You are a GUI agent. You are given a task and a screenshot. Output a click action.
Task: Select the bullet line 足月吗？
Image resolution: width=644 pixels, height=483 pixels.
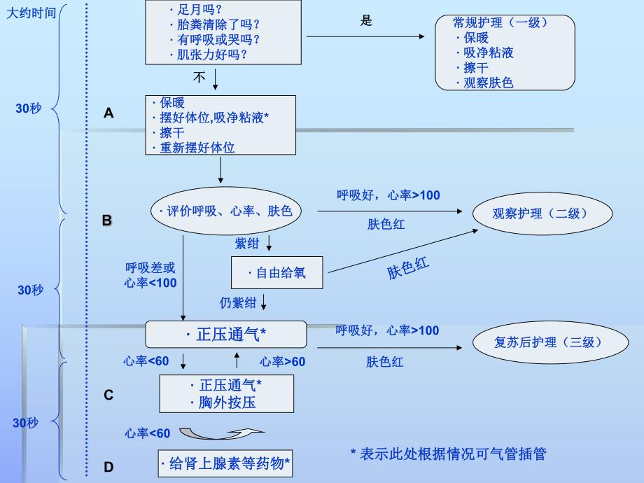(195, 10)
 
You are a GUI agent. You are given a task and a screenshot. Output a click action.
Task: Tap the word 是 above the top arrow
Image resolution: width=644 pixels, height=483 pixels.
(366, 21)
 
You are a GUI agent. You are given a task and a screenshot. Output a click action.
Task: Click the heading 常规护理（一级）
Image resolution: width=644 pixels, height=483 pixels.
(500, 22)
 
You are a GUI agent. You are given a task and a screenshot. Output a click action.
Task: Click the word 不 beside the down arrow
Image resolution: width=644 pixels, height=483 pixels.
(199, 78)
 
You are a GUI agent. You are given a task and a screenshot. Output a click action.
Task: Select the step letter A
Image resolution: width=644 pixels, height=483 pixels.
(108, 113)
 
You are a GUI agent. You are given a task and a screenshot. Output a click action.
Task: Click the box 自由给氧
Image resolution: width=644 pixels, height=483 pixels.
(277, 273)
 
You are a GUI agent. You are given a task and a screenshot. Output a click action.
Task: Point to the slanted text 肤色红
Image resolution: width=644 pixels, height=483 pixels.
(409, 268)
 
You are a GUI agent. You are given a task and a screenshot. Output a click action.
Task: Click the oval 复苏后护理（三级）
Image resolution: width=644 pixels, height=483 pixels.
(538, 342)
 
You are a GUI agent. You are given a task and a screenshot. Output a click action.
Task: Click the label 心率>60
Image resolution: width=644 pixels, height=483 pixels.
(283, 361)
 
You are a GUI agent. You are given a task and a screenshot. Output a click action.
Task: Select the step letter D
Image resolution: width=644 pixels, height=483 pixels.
(108, 467)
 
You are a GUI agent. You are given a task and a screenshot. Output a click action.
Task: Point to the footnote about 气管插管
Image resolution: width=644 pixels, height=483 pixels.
(448, 454)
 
